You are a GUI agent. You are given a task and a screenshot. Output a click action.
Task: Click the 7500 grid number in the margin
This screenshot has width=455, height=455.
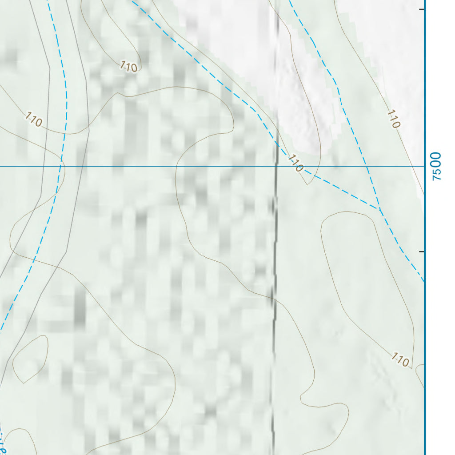(437, 166)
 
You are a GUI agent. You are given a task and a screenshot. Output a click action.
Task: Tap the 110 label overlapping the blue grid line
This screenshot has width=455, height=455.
(295, 163)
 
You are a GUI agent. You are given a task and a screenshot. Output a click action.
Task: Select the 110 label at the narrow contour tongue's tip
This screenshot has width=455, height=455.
(128, 67)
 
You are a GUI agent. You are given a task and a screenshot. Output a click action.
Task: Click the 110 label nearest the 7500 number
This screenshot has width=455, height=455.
(393, 119)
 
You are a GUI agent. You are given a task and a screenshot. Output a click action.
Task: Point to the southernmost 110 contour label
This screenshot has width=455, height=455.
(400, 359)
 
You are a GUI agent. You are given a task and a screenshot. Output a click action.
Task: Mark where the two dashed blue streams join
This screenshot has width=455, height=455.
(379, 209)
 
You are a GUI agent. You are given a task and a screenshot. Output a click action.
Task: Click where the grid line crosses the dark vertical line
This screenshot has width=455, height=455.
(276, 167)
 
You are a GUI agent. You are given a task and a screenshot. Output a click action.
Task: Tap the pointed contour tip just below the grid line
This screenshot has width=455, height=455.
(307, 184)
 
